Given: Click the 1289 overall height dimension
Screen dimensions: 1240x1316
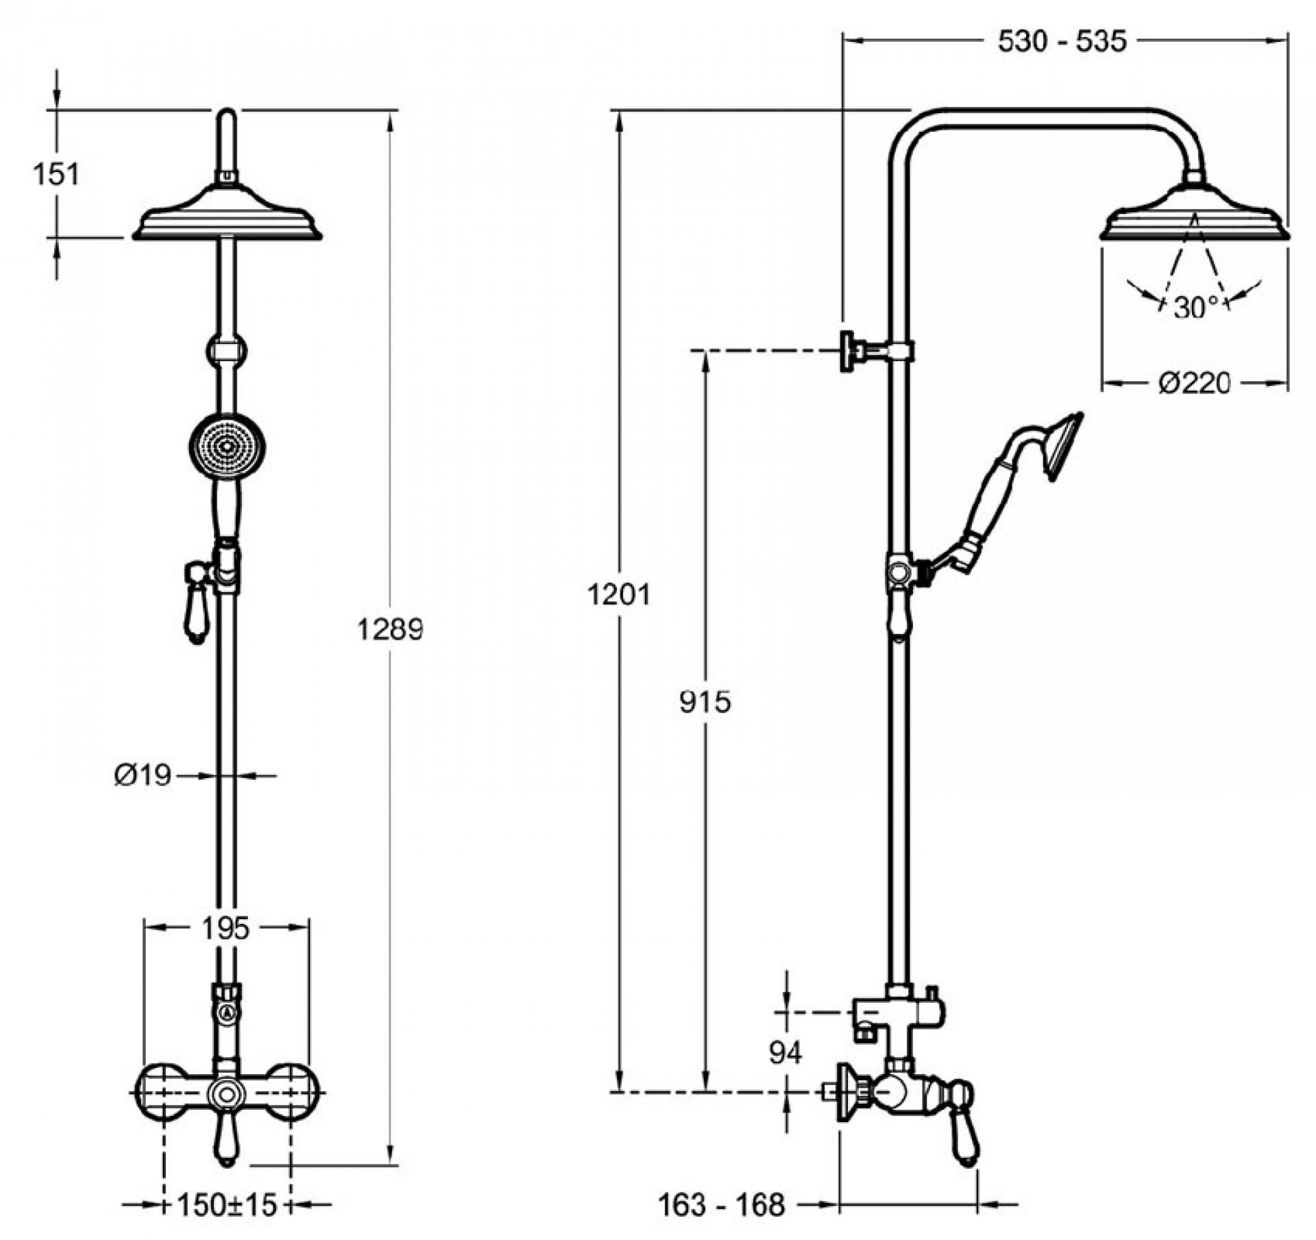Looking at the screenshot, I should (x=390, y=629).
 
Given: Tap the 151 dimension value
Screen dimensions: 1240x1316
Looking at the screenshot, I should (x=56, y=174).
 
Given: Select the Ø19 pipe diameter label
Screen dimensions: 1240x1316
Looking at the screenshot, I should (x=142, y=776).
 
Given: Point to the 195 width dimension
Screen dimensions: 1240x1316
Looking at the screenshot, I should (x=226, y=929).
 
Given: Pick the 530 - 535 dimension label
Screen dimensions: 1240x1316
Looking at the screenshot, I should (x=1062, y=42).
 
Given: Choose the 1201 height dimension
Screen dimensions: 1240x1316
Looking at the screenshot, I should (x=618, y=595).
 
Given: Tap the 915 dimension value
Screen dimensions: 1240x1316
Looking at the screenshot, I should (x=705, y=701).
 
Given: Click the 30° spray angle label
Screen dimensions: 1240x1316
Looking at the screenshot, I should (x=1196, y=308).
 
